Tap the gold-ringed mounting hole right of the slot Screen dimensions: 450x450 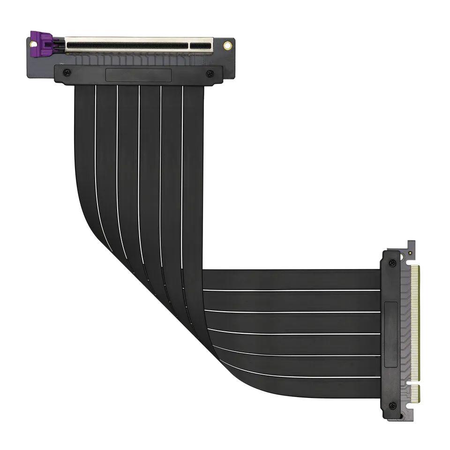point(227,45)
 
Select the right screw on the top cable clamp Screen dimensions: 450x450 point(210,73)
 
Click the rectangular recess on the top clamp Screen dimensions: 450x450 point(138,75)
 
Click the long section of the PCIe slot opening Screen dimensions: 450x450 point(127,45)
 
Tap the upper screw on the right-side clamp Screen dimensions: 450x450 point(392,262)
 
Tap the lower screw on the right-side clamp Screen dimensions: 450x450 point(392,405)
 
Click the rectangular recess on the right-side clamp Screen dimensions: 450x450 point(390,334)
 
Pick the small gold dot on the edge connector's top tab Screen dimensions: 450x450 point(411,252)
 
